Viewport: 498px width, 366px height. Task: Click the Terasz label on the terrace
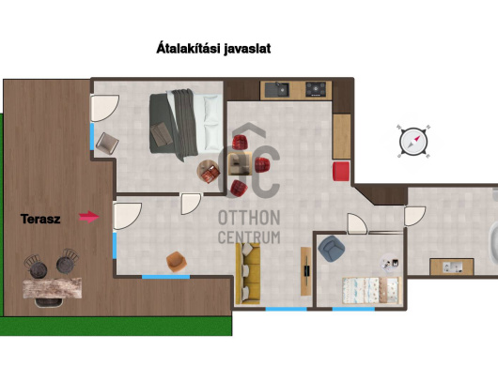pyautogui.click(x=40, y=219)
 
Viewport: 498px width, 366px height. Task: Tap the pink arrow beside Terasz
pyautogui.click(x=89, y=217)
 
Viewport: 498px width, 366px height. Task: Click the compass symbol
pyautogui.click(x=413, y=142)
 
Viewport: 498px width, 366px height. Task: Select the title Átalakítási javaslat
pyautogui.click(x=213, y=49)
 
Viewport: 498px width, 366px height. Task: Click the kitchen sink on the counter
pyautogui.click(x=277, y=90)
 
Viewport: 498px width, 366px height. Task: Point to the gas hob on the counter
pyautogui.click(x=316, y=89)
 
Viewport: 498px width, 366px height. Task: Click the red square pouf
pyautogui.click(x=341, y=171)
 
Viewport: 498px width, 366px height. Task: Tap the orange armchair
pyautogui.click(x=176, y=261)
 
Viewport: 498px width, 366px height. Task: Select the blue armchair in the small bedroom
pyautogui.click(x=332, y=249)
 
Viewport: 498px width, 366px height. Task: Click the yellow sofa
pyautogui.click(x=248, y=273)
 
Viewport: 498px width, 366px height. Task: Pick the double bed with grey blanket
pyautogui.click(x=186, y=123)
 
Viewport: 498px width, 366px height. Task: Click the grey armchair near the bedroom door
pyautogui.click(x=107, y=144)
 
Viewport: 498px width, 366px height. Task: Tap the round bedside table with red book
pyautogui.click(x=209, y=172)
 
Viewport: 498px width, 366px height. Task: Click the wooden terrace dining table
pyautogui.click(x=53, y=288)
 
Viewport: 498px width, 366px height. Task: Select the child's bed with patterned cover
pyautogui.click(x=372, y=290)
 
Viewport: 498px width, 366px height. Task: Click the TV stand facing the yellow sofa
pyautogui.click(x=306, y=271)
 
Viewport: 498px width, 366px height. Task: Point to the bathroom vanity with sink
pyautogui.click(x=452, y=267)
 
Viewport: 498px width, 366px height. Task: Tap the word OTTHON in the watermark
pyautogui.click(x=249, y=218)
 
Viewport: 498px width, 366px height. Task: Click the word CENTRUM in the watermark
pyautogui.click(x=249, y=237)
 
